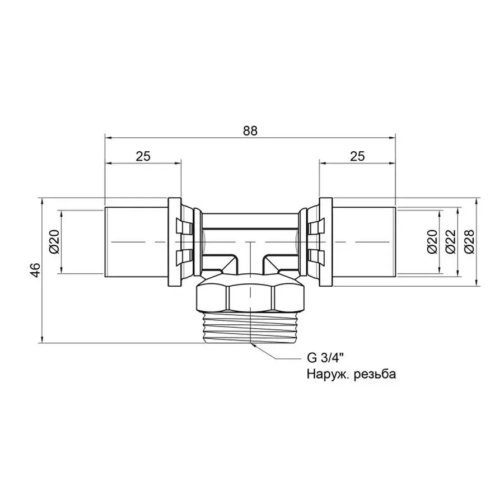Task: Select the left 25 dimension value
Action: point(143,157)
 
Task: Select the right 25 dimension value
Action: point(357,157)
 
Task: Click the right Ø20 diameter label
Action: point(431,242)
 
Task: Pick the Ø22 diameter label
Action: point(449,242)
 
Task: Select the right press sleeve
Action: point(364,241)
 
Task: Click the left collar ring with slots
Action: point(182,241)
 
